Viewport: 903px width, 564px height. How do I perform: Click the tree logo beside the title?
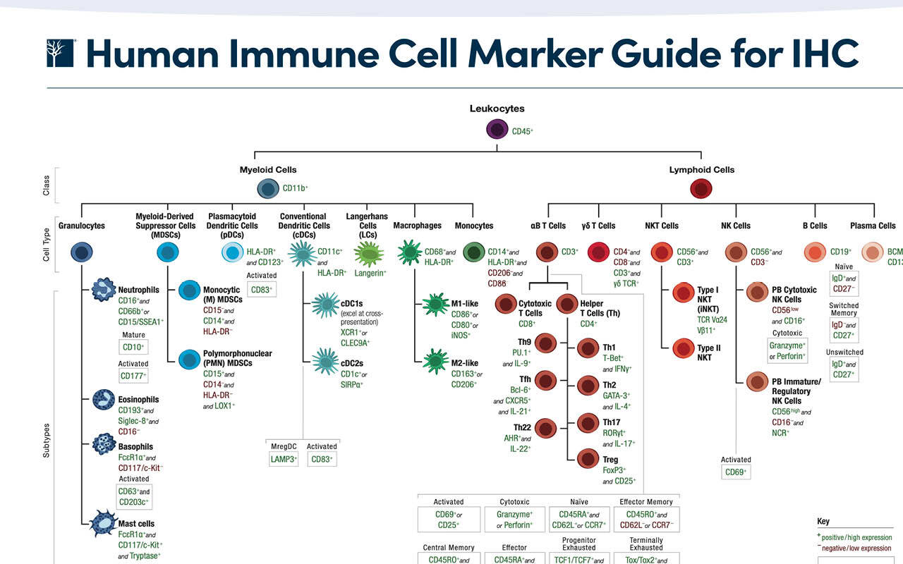coord(61,54)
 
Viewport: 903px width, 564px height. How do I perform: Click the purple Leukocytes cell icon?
coord(497,130)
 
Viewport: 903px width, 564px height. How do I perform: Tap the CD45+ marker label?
coord(522,131)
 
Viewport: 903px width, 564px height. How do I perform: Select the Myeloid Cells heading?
coord(268,170)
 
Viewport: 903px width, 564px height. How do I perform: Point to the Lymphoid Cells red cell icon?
coord(701,188)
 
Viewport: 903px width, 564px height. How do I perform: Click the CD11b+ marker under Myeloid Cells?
coord(295,188)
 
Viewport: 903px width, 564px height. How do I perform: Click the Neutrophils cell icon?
coord(104,290)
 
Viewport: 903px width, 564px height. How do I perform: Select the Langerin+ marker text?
coord(370,272)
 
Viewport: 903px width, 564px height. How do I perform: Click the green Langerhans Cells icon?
coord(368,252)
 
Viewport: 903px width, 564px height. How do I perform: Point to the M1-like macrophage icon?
coord(435,305)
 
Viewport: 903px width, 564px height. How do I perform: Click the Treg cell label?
coord(610,460)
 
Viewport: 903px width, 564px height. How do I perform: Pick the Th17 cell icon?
coord(587,423)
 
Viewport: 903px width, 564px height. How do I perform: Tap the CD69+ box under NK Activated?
coord(735,472)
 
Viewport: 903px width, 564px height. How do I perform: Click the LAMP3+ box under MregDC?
coord(284,459)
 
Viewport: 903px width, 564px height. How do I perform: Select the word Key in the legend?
coord(823,522)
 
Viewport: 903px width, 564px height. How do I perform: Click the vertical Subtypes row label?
coord(47,441)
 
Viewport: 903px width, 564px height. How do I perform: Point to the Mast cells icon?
coord(104,524)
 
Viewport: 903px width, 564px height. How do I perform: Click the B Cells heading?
coord(814,226)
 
